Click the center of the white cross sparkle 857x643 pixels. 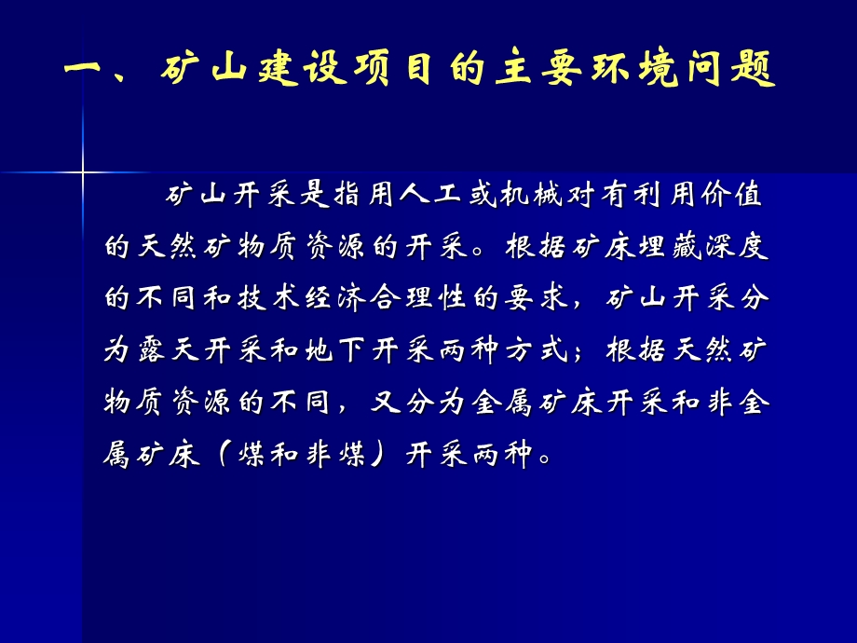point(83,172)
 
